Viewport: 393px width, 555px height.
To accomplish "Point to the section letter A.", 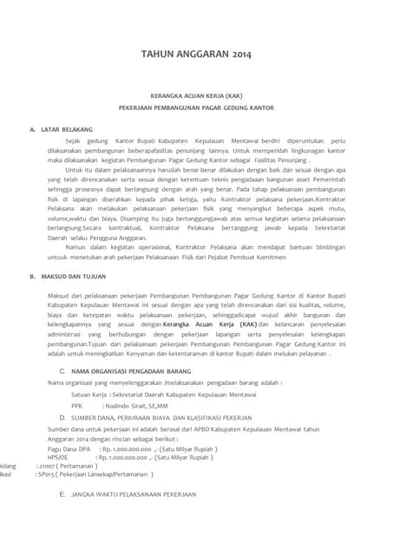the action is (31, 129).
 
